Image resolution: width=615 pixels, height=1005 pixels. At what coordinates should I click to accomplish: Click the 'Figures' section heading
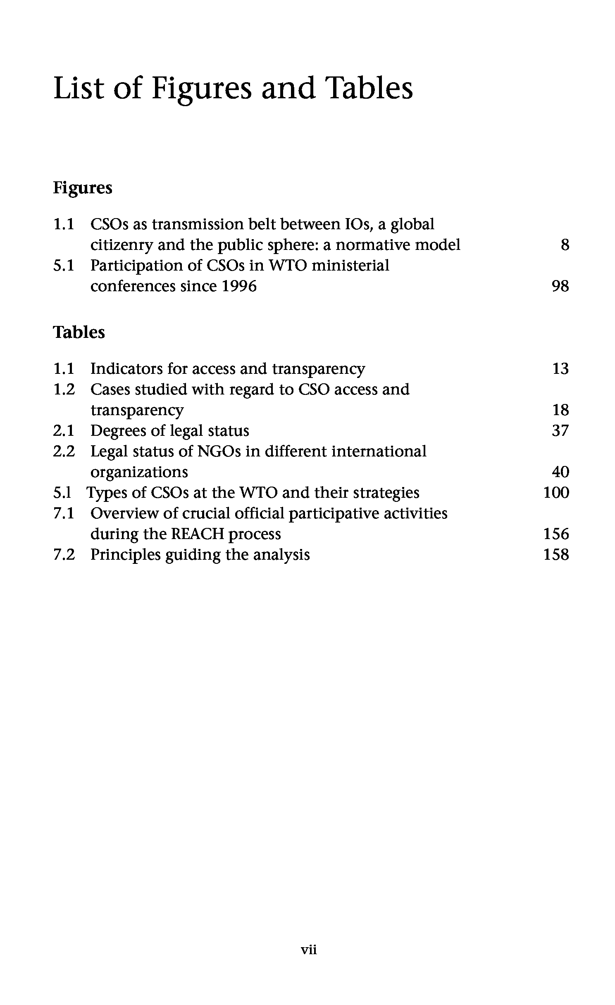(83, 188)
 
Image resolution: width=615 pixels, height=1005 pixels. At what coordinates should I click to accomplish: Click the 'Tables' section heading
(79, 333)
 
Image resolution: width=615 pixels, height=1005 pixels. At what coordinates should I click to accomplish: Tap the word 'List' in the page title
(79, 88)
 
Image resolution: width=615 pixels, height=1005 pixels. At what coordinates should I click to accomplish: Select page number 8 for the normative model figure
(565, 245)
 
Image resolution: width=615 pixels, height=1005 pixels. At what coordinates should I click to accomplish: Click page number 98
(560, 286)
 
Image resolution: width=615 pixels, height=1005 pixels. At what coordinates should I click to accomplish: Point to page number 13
(560, 368)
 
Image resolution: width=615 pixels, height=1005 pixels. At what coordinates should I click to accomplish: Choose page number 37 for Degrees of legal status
(560, 431)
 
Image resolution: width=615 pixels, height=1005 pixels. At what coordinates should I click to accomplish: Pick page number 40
(560, 472)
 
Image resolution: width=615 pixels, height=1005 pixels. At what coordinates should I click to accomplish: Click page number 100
(556, 493)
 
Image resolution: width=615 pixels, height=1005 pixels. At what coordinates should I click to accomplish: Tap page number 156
(556, 534)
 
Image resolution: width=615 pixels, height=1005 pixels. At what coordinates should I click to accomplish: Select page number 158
(556, 554)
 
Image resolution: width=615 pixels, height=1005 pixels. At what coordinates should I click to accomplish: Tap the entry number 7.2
(64, 554)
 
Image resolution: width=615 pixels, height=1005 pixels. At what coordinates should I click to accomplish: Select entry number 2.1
(64, 431)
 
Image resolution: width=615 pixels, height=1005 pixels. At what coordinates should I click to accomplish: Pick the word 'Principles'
(125, 554)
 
